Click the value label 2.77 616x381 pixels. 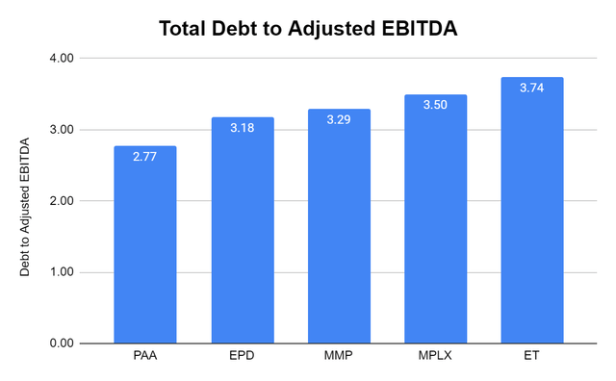coord(145,159)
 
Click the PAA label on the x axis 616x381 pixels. coord(145,358)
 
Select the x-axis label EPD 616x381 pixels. coord(242,358)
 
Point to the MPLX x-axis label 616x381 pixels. coord(435,358)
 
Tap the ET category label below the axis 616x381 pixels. coord(531,358)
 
